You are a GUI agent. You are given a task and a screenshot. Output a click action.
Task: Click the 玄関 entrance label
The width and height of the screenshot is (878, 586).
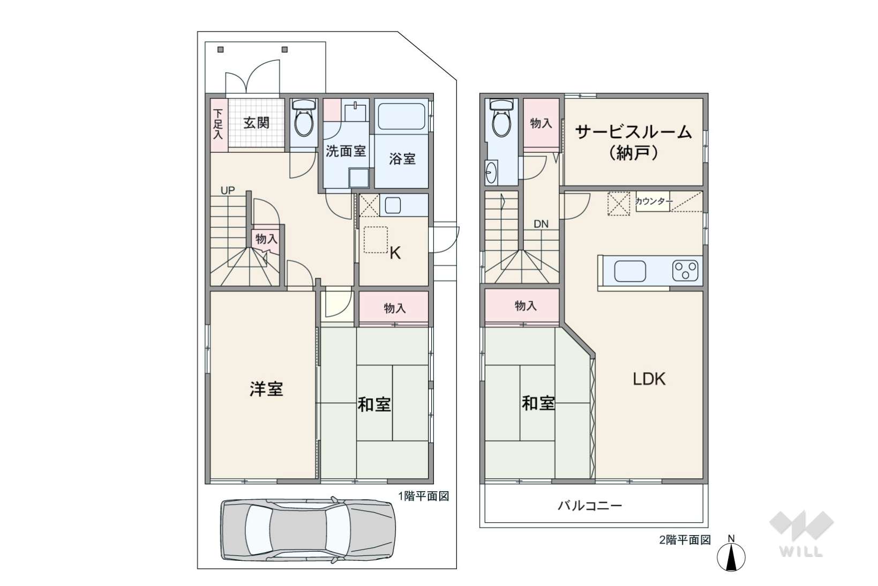coord(257,123)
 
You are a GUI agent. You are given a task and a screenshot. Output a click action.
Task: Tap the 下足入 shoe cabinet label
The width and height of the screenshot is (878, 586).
coord(219,124)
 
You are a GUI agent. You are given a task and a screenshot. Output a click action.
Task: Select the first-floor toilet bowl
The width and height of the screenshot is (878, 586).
coord(304,120)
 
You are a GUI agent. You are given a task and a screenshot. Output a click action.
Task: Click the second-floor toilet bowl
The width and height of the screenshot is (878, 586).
coord(502,120)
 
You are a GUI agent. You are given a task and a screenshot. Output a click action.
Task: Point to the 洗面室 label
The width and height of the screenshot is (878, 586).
coord(346,151)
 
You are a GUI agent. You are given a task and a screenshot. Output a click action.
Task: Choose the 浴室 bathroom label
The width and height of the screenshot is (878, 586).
coord(402,159)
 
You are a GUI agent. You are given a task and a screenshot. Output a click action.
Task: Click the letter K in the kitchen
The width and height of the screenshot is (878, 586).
coord(395,254)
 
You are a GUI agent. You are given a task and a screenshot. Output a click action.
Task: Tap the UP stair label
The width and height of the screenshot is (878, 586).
coord(228,191)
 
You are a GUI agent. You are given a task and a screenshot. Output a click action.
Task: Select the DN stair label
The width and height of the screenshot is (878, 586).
coord(541,224)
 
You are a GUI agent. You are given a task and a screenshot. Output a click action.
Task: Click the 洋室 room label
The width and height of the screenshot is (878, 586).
coord(267,389)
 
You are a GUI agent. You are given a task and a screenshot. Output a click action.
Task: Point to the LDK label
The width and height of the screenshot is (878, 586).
coord(649,379)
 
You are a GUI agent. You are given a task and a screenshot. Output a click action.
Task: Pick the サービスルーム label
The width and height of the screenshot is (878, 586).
coord(633,132)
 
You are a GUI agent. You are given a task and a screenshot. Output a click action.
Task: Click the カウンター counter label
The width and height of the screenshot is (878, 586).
coord(654,202)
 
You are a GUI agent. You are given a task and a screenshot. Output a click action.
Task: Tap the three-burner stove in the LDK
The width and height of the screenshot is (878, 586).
coord(685,271)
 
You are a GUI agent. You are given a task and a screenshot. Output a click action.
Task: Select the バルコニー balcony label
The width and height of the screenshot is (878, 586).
coord(590,506)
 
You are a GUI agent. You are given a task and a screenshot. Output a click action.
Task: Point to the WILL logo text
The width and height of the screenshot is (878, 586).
coord(801,552)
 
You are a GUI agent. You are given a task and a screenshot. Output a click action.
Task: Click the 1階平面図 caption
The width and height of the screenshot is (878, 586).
coord(423,496)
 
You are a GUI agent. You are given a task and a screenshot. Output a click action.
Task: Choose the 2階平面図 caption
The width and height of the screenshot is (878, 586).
coord(685,540)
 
